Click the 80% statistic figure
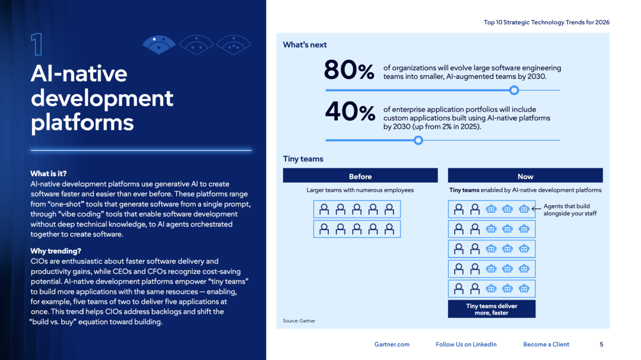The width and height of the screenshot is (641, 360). (349, 71)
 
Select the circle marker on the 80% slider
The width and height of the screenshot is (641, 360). (515, 90)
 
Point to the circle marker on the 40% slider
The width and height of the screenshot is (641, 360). (418, 140)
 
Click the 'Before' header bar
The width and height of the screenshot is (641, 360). (360, 176)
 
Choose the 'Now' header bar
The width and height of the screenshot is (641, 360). (525, 176)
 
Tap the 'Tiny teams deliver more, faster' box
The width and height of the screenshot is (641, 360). (491, 309)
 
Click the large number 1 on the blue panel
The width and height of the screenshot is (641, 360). (37, 44)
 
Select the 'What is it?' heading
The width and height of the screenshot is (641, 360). (49, 174)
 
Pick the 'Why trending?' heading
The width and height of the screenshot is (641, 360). (56, 251)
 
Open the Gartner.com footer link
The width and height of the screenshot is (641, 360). (392, 345)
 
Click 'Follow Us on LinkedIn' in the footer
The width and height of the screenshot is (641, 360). (466, 345)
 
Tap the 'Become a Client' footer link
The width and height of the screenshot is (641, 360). (546, 345)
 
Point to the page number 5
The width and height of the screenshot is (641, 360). (601, 345)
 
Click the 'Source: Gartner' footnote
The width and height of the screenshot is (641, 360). (299, 321)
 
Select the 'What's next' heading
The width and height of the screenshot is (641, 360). (304, 44)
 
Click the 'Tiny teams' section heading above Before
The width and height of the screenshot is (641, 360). (303, 159)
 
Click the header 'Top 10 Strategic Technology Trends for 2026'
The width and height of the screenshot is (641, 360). (547, 23)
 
